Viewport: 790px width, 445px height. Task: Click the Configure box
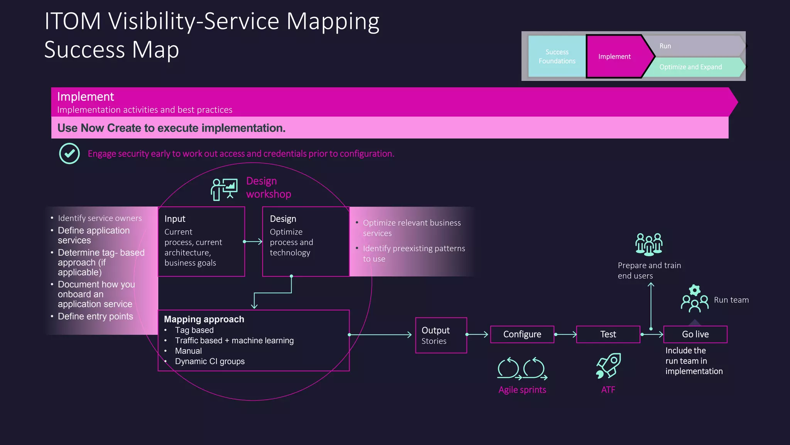(522, 335)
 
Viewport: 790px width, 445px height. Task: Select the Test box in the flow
(608, 335)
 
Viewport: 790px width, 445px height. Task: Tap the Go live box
(695, 335)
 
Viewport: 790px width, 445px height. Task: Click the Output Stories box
(441, 335)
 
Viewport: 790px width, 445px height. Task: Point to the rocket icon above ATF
(608, 365)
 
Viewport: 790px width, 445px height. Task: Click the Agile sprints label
(522, 390)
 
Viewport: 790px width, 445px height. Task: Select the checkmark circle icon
(69, 154)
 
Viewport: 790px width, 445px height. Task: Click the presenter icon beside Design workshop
(224, 189)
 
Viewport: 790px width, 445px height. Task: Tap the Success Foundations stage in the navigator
(557, 56)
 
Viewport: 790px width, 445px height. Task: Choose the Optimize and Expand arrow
(690, 67)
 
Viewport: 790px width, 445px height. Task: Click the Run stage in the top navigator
(690, 46)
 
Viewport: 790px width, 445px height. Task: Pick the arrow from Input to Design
(253, 242)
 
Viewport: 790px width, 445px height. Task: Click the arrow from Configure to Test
(565, 335)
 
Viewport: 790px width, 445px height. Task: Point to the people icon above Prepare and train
(649, 244)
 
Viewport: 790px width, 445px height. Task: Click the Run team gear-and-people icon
(694, 299)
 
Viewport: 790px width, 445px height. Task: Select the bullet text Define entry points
(95, 317)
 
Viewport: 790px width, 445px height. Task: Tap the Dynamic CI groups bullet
(209, 362)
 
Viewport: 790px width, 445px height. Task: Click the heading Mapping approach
(204, 319)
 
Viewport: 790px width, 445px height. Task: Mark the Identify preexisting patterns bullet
(414, 253)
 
